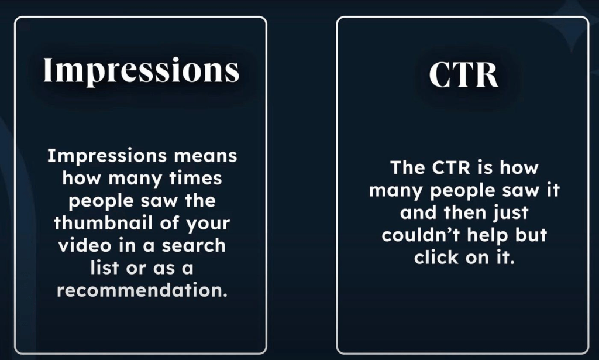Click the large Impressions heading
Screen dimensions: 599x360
[x=141, y=71]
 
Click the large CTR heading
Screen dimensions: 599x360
[x=463, y=74]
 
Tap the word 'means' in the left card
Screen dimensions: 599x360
[x=205, y=156]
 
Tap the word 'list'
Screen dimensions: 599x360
[x=105, y=268]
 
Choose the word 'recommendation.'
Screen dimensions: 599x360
[x=142, y=290]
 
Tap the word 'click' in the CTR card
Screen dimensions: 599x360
[x=436, y=257]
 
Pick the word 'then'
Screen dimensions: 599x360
[x=465, y=212]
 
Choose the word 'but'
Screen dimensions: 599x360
[x=531, y=235]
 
